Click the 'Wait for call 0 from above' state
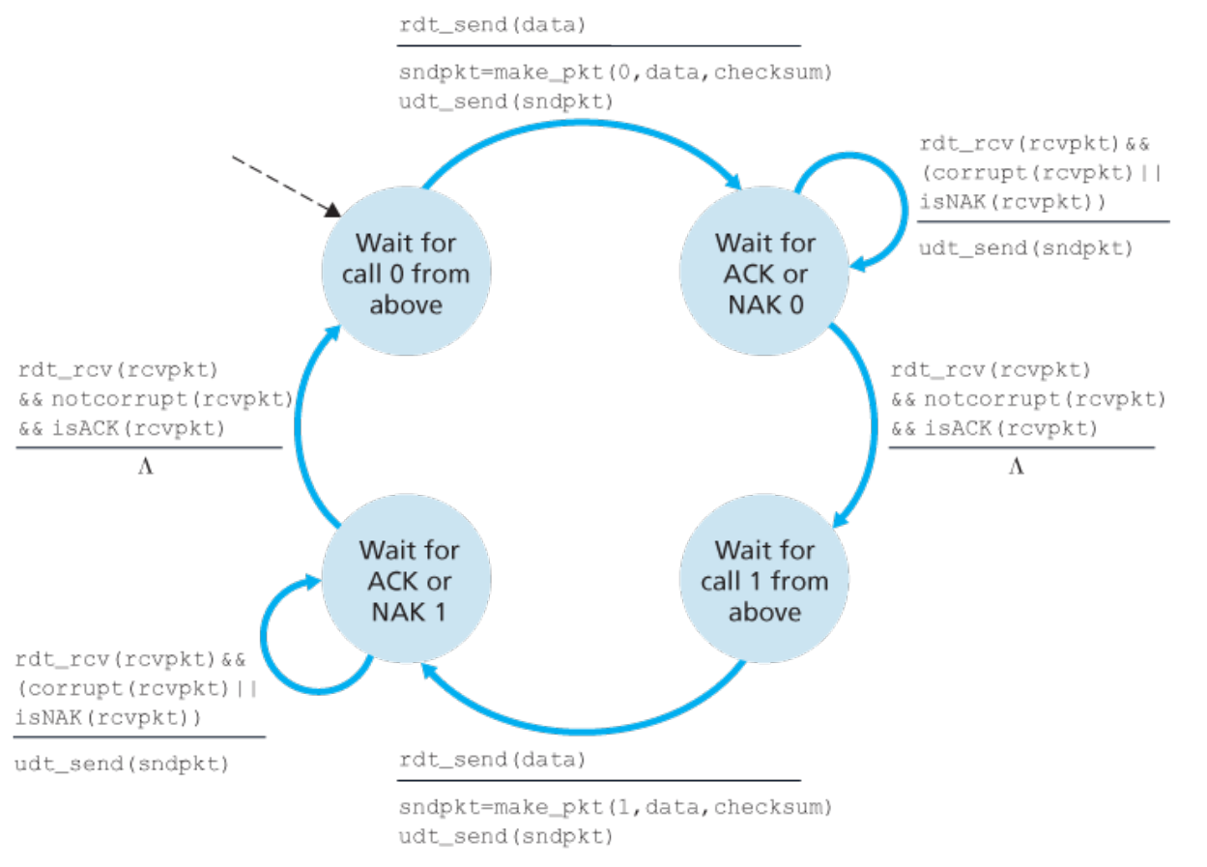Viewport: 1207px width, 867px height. [406, 271]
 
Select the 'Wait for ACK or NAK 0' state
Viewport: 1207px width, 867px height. [764, 271]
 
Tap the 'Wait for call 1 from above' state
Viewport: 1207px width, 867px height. [764, 579]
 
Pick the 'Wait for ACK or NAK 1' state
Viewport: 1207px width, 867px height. [406, 579]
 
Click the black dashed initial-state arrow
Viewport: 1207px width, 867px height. [287, 187]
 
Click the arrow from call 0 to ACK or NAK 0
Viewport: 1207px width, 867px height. [582, 124]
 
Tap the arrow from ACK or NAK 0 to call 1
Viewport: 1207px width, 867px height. [873, 425]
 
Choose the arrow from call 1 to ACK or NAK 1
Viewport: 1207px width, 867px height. [585, 731]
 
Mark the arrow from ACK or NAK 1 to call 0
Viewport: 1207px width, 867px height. [298, 425]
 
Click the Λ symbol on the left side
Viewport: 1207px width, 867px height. [146, 467]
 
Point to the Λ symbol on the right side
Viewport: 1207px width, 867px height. [1017, 467]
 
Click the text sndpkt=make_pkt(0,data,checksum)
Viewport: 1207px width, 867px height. [616, 72]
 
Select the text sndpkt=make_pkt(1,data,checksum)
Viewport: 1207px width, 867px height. [616, 807]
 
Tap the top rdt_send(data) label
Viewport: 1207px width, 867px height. [493, 25]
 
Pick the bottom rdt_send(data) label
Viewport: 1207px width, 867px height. [493, 760]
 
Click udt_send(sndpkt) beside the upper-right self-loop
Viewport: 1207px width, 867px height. [1026, 248]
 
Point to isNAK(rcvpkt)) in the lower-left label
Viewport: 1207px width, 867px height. [108, 718]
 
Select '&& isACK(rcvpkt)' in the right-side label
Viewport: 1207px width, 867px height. [994, 429]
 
